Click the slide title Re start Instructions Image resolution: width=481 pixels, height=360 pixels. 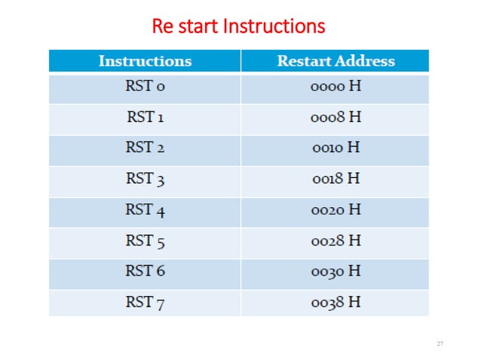238,27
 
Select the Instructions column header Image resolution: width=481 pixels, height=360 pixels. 145,61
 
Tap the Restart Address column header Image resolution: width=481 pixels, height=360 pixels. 335,61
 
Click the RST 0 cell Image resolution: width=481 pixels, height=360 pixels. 145,87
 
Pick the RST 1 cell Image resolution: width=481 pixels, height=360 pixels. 145,117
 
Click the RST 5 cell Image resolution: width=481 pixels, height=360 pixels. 145,241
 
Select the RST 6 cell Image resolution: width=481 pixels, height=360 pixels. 145,271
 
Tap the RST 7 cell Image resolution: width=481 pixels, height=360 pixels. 145,302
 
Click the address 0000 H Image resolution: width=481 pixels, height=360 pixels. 335,87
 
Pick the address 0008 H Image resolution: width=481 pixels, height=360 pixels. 335,117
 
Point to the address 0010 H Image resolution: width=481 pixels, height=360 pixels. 335,148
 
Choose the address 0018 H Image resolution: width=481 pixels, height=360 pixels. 335,179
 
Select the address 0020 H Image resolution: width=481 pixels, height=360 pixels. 335,210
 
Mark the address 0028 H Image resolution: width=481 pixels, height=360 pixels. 335,241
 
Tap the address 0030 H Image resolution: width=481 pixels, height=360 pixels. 335,271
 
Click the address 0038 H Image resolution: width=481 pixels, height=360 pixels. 335,302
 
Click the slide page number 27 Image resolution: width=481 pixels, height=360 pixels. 440,343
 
